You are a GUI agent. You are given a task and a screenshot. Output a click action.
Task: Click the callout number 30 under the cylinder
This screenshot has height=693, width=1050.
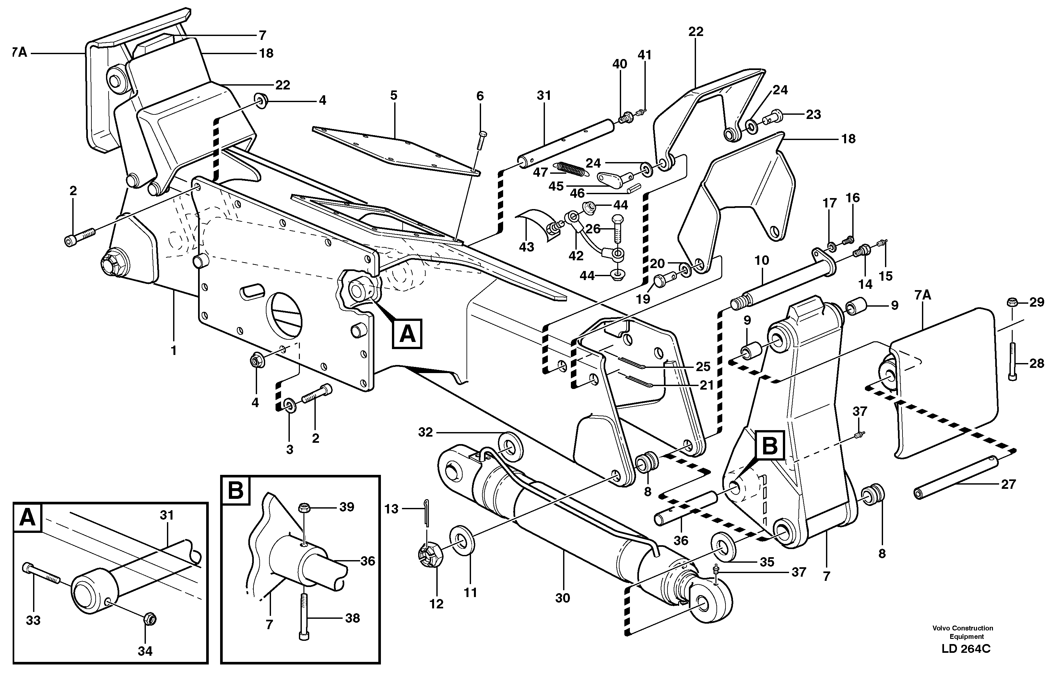pos(562,598)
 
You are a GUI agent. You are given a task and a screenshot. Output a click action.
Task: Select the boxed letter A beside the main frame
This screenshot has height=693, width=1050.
pos(407,334)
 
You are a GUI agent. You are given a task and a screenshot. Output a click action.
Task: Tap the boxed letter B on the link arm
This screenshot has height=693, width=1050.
pos(770,446)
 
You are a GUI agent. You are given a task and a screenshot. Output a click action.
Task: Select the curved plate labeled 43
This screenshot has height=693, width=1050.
pos(538,225)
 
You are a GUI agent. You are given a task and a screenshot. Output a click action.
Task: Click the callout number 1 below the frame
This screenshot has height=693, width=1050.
pos(174,350)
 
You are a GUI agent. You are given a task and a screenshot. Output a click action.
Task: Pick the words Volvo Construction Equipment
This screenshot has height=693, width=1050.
pos(962,632)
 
